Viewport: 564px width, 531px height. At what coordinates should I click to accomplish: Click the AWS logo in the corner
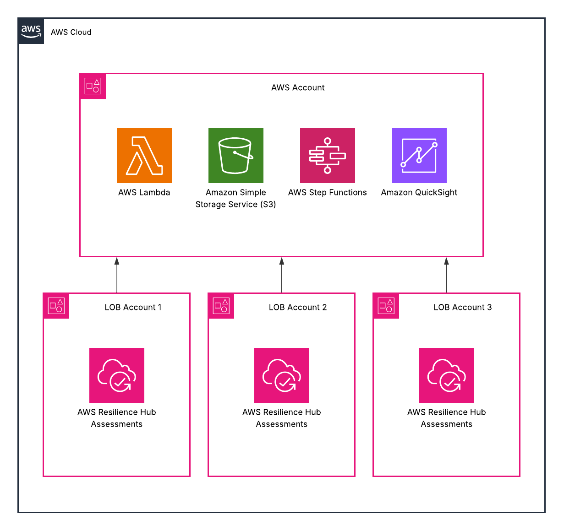(31, 31)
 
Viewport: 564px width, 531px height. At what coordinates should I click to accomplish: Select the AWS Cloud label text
(71, 32)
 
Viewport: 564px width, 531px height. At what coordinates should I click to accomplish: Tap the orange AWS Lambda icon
(144, 156)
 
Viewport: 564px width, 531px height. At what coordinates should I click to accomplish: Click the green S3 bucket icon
(236, 156)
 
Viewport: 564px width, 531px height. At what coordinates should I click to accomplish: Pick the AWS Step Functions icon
(328, 156)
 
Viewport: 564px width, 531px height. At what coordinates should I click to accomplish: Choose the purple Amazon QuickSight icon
(419, 156)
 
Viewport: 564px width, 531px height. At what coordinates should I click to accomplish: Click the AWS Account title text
(298, 87)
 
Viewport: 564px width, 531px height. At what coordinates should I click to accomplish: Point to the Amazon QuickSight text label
(419, 192)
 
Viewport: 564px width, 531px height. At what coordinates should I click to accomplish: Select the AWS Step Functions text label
(328, 192)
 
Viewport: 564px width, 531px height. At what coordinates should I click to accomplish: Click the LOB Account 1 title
(133, 307)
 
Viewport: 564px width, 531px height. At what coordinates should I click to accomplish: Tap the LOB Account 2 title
(298, 307)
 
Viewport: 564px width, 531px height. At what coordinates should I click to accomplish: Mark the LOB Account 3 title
(463, 307)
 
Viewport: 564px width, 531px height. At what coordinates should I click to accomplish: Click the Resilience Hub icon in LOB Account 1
(117, 375)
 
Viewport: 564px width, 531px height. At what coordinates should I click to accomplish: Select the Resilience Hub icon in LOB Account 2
(282, 375)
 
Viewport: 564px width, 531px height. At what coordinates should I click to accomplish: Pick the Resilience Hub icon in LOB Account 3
(447, 375)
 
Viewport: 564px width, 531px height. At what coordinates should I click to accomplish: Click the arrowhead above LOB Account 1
(117, 261)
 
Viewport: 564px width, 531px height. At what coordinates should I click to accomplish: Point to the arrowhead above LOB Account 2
(282, 261)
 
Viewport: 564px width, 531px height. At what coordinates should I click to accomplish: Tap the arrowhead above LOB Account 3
(447, 261)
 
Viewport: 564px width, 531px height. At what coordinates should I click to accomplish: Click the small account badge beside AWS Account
(93, 86)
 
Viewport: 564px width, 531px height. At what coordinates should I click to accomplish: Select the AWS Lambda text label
(144, 192)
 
